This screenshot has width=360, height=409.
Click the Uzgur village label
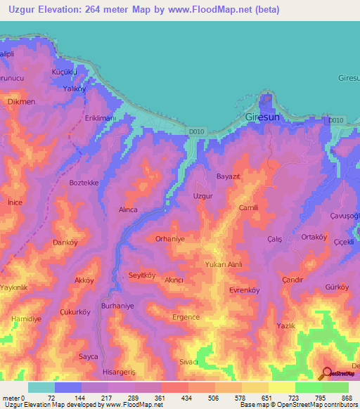click(203, 197)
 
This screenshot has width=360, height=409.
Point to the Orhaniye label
click(170, 239)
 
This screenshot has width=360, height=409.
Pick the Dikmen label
click(20, 101)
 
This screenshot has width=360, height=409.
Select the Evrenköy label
click(245, 290)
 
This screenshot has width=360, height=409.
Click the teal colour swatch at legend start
click(41, 387)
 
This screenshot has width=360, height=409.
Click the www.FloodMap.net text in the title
click(214, 10)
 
